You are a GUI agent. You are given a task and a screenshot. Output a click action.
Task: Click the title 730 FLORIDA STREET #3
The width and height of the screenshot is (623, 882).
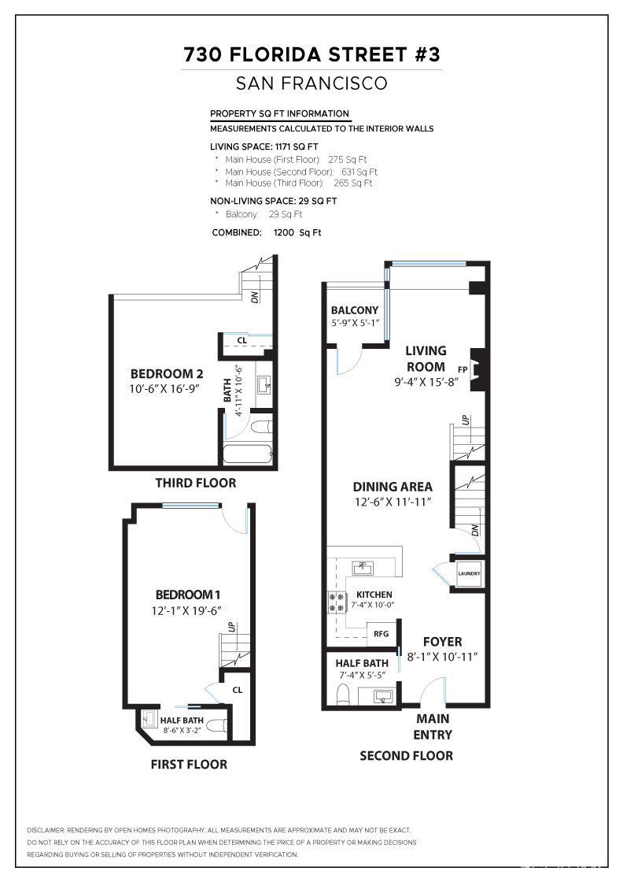311,54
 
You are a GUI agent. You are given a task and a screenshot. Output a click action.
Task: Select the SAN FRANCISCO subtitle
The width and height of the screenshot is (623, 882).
311,83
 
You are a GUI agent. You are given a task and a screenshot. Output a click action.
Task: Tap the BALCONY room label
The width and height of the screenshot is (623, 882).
354,310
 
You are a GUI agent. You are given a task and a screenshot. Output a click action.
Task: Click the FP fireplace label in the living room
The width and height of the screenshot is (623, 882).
463,368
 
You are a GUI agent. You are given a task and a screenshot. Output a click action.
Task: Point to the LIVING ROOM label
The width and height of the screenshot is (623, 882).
426,358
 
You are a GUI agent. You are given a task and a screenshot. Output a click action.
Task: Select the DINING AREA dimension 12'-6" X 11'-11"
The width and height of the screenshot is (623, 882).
392,502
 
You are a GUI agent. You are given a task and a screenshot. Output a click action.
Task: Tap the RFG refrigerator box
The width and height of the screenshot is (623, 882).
381,632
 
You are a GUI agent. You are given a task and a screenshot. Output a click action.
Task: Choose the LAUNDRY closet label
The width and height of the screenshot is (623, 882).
469,573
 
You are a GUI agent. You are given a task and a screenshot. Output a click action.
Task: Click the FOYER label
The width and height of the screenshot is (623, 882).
442,642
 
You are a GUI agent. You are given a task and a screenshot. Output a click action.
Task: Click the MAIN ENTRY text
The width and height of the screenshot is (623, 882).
433,726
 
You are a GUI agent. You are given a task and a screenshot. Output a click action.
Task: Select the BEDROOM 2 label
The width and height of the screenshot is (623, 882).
167,373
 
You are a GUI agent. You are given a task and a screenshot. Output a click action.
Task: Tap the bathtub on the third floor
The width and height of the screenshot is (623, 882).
247,454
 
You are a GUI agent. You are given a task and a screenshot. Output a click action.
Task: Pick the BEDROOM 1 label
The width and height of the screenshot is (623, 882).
184,595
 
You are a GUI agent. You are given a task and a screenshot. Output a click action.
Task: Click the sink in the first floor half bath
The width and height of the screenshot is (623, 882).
149,718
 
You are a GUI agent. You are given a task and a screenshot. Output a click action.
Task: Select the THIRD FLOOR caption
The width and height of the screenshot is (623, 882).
195,483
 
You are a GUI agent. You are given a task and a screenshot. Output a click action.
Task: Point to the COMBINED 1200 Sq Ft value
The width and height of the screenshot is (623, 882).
297,232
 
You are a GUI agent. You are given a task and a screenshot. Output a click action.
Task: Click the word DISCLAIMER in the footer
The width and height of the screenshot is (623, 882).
46,830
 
